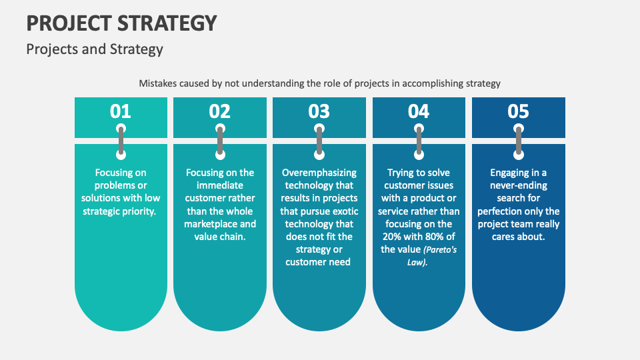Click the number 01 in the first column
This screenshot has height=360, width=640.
[x=121, y=111]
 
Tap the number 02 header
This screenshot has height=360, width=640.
[x=219, y=111]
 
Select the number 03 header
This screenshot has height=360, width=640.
[x=319, y=111]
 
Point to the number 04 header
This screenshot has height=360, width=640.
[x=419, y=111]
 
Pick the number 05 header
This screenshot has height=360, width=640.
[x=518, y=111]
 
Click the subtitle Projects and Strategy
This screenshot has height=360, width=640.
[x=95, y=49]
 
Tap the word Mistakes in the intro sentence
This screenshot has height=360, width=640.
[x=158, y=83]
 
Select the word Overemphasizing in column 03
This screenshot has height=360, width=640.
[x=319, y=173]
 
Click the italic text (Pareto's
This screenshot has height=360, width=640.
[x=440, y=249]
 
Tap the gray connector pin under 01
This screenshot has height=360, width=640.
[x=121, y=141]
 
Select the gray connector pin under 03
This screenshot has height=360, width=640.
[x=319, y=141]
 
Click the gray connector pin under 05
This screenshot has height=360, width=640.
[x=518, y=141]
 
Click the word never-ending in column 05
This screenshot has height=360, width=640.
[x=518, y=185]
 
